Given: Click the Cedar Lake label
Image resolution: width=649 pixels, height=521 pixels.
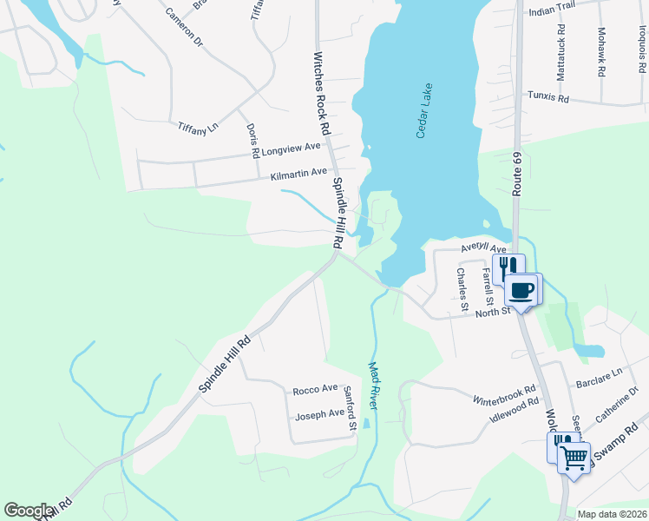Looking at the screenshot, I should point(424,110).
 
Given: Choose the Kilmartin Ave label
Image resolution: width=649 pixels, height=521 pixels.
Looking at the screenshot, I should point(298,175).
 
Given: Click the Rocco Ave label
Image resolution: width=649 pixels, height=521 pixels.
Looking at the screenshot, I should point(315,390).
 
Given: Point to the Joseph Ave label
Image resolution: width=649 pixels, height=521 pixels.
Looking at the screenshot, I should point(320,414).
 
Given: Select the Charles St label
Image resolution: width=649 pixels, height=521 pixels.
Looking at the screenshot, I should point(463,290).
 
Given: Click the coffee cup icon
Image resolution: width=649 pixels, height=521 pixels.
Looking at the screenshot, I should point(522,290).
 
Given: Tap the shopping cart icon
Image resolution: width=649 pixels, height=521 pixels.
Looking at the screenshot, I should point(574,457).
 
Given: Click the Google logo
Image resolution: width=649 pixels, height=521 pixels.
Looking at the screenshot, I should point(29,511).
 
